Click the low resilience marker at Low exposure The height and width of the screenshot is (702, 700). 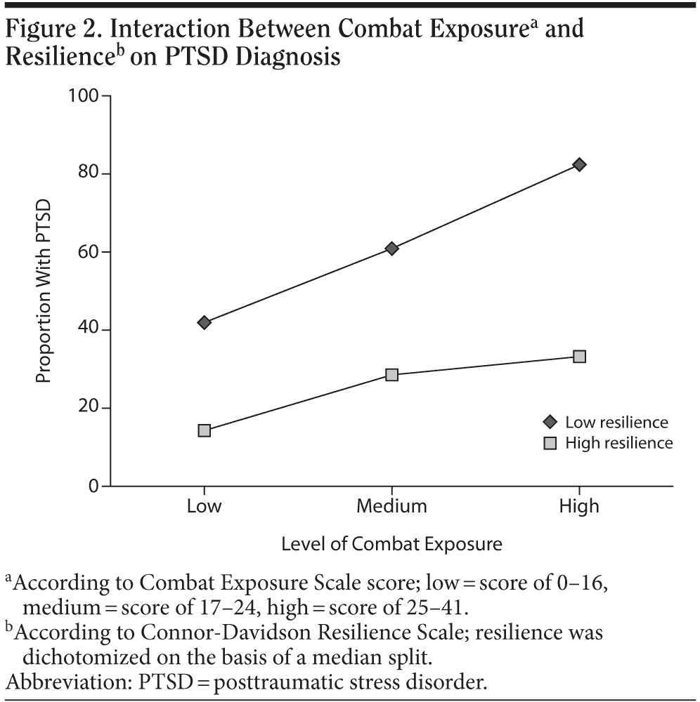tap(205, 322)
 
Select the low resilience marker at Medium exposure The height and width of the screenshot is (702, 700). tap(391, 249)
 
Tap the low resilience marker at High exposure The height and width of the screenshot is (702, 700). tap(579, 164)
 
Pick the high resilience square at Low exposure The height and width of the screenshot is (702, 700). tap(205, 430)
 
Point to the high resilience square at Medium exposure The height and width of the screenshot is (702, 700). tap(391, 375)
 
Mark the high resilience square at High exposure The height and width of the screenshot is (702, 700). tap(579, 357)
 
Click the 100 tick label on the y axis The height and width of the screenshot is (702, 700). tap(84, 95)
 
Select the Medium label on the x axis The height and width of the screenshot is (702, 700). tap(391, 506)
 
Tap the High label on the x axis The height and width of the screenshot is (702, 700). tap(579, 506)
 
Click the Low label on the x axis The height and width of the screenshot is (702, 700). tap(205, 506)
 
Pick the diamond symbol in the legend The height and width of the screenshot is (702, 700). tap(550, 422)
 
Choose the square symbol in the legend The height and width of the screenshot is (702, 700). tap(550, 443)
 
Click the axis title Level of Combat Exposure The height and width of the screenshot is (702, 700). tap(391, 544)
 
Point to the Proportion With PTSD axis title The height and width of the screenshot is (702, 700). tap(44, 291)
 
